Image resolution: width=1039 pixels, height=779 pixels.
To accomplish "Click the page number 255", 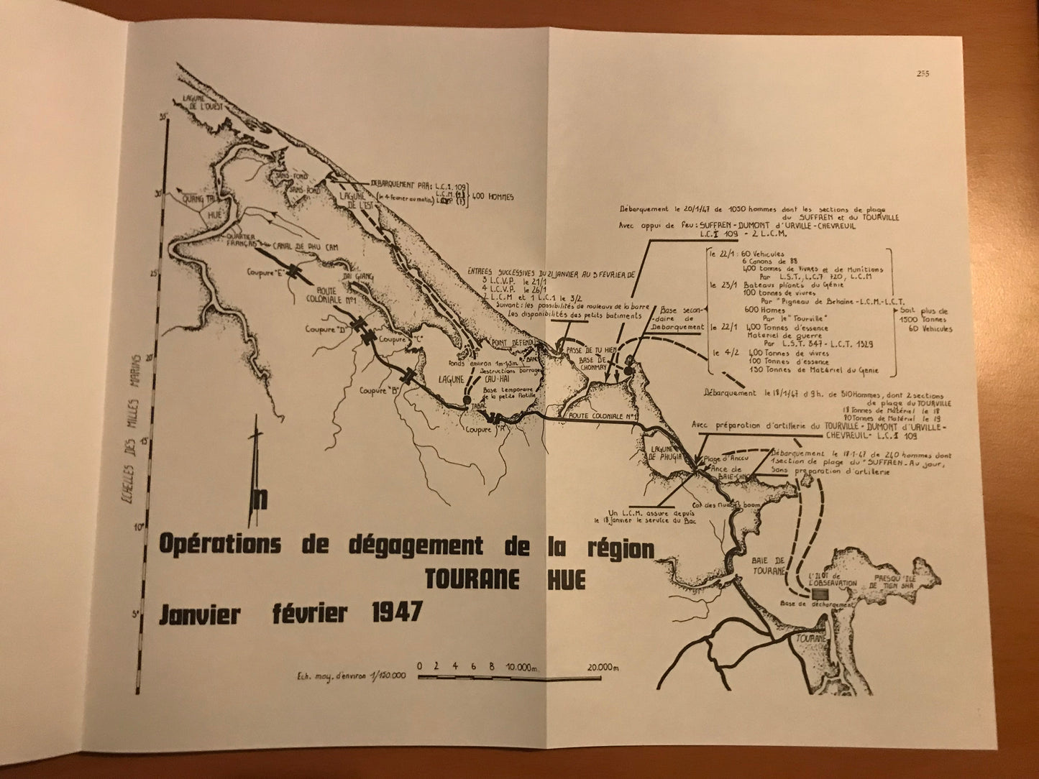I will pyautogui.click(x=923, y=72).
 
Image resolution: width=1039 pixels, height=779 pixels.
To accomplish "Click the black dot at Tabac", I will pyautogui.click(x=468, y=400).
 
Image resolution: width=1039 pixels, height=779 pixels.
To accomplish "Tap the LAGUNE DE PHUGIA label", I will pyautogui.click(x=657, y=453).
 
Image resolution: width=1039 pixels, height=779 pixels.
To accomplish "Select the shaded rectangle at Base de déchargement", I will pyautogui.click(x=817, y=594).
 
